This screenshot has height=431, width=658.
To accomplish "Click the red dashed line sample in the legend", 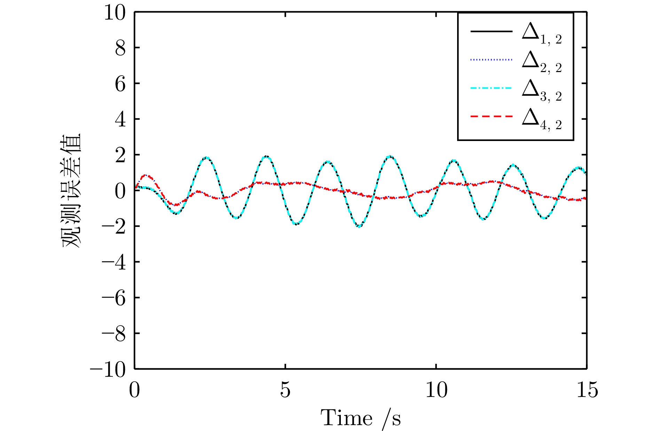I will pyautogui.click(x=491, y=116).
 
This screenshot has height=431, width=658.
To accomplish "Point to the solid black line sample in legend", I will pyautogui.click(x=491, y=31).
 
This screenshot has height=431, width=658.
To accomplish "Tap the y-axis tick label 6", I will pyautogui.click(x=120, y=84).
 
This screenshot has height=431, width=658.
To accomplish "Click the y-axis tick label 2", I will pyautogui.click(x=120, y=156).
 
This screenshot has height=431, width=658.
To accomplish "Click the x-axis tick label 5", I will pyautogui.click(x=285, y=390).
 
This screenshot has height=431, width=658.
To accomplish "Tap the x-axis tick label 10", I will pyautogui.click(x=436, y=390).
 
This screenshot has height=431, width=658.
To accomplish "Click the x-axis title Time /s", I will pyautogui.click(x=360, y=418).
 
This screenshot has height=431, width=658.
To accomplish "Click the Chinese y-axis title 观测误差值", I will pyautogui.click(x=71, y=190).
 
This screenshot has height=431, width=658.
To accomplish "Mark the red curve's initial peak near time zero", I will pyautogui.click(x=146, y=175).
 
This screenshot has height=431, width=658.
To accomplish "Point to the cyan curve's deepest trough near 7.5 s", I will pyautogui.click(x=359, y=227).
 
